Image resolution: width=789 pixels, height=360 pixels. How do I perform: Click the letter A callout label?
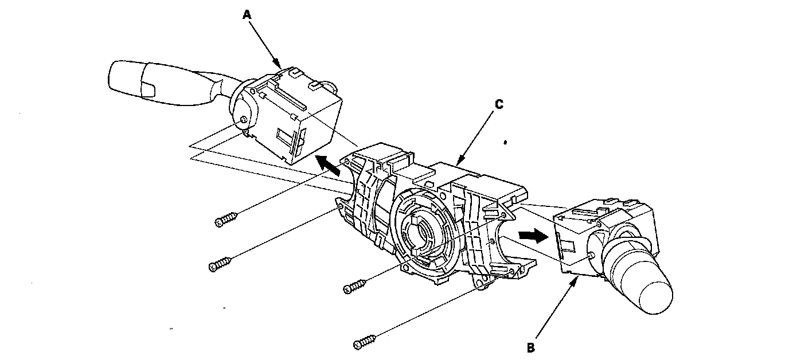[x=247, y=16]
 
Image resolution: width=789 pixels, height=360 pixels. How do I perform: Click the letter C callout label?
[x=499, y=104]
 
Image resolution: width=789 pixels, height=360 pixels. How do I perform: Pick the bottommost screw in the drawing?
[x=365, y=343]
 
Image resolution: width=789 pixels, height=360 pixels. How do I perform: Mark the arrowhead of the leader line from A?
[x=279, y=65]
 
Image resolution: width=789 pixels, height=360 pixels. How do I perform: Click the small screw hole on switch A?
[x=244, y=120]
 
